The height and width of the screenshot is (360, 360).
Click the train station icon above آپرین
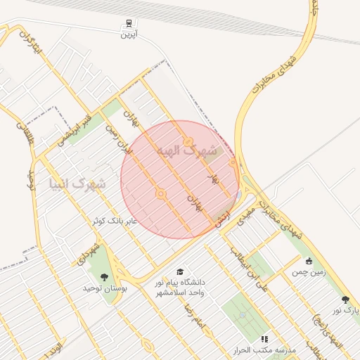point(128,23)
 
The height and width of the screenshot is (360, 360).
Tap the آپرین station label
point(128,34)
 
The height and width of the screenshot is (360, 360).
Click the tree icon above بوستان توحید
point(104,278)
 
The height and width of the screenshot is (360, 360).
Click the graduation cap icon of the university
point(181,272)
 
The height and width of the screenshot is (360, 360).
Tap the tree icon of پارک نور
point(345,300)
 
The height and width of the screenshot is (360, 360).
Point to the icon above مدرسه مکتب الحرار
point(264,340)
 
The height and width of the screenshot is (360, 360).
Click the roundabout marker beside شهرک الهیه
point(188,143)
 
